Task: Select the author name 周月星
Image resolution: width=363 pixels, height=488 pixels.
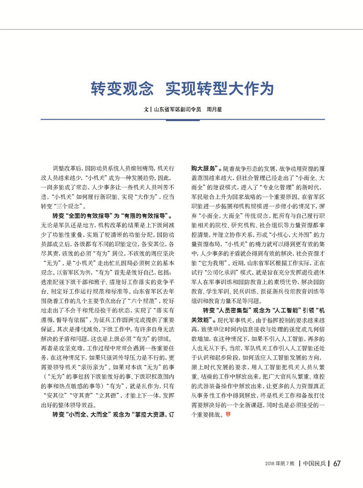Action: click(x=214, y=110)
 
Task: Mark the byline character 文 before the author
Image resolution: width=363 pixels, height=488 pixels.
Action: click(x=146, y=110)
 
